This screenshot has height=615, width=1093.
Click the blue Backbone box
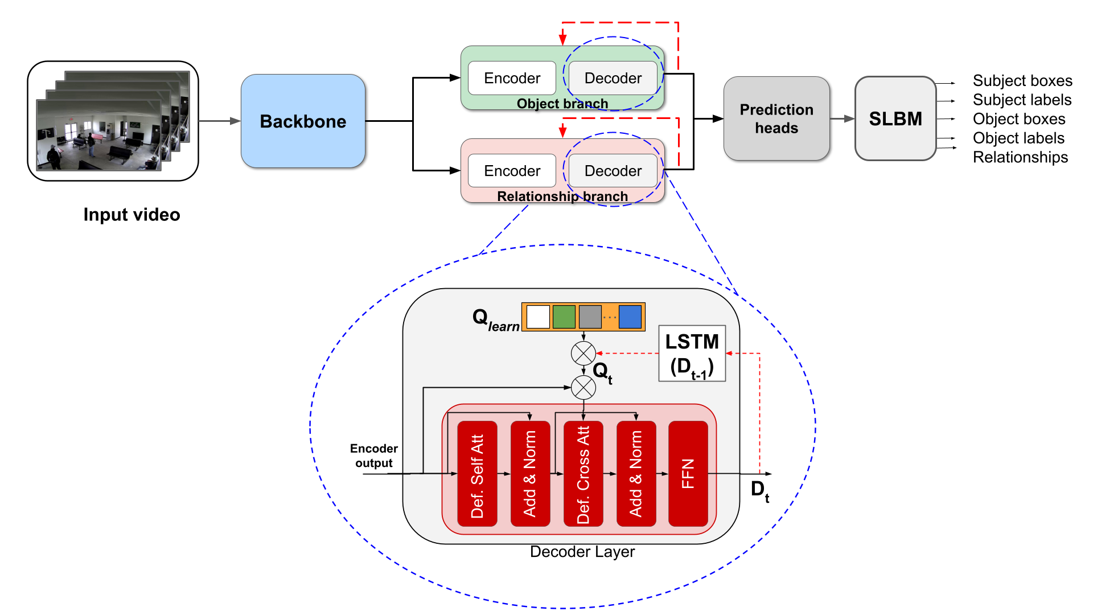[x=303, y=121]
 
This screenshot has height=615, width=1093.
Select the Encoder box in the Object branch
[x=512, y=78]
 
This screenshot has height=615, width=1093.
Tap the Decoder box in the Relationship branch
[x=613, y=171]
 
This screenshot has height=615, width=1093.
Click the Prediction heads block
[x=776, y=118]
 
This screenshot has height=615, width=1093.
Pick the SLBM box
[x=895, y=118]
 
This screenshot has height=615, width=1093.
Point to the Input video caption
[x=132, y=215]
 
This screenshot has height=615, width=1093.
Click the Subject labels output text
[x=1022, y=100]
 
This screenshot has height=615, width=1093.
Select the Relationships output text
[x=1020, y=157]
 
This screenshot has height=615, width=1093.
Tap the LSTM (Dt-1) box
[x=692, y=354]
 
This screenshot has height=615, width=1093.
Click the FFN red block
[x=688, y=473]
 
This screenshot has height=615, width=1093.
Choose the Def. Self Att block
[x=477, y=473]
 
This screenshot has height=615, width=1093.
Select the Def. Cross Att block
[x=583, y=473]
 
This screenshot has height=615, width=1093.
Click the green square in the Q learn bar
[x=564, y=317]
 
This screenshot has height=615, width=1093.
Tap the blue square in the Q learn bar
[x=630, y=317]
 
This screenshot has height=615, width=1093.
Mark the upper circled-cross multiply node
[x=583, y=354]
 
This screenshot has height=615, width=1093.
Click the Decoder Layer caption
[x=582, y=552]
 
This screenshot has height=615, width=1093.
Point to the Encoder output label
[x=373, y=456]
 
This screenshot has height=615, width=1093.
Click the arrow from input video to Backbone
[x=220, y=121]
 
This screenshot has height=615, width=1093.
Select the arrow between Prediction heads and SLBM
[x=843, y=118]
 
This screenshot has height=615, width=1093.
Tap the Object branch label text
[x=562, y=104]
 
